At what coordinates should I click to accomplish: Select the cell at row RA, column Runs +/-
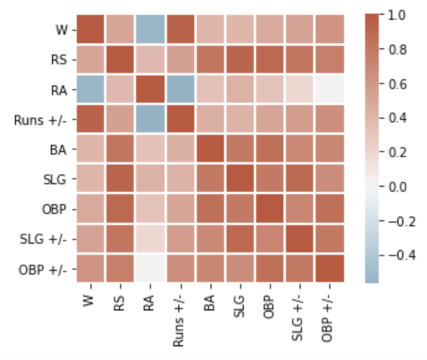[x=180, y=90]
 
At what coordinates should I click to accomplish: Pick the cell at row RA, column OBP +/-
[x=329, y=90]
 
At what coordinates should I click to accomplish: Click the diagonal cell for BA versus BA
[x=210, y=150]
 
